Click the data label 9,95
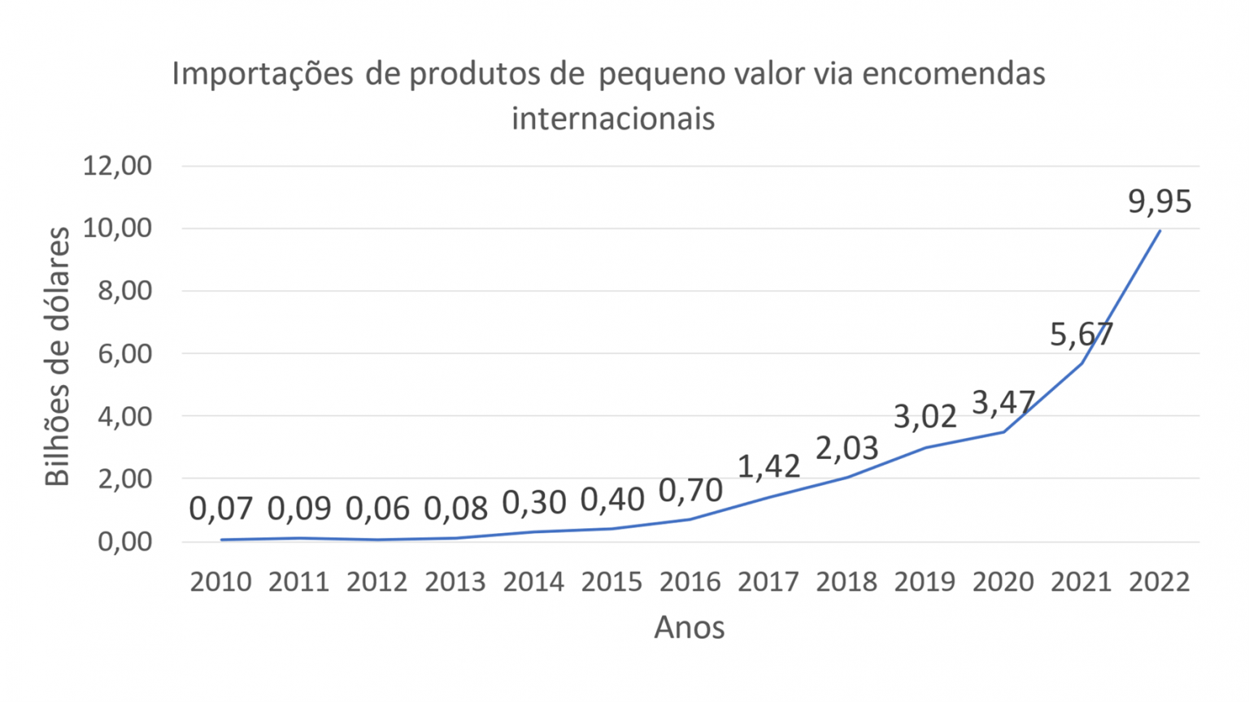coord(1160,201)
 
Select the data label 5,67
coord(1081,334)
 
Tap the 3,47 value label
coord(1003,402)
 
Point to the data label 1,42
coord(768,466)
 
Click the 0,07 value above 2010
coord(221,509)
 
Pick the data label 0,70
coord(690,490)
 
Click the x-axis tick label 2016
coord(690,582)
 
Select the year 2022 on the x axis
coord(1160,582)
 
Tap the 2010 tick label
coord(221,582)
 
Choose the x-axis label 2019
coord(925,582)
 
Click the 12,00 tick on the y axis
coord(117,166)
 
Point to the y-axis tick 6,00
coord(124,353)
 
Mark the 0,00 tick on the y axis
coord(124,541)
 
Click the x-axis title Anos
coord(690,627)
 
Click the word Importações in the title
coord(262,74)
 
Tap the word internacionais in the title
coord(613,119)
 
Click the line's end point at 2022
coord(1160,231)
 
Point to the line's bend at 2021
coord(1081,363)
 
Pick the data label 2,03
coord(846,448)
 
